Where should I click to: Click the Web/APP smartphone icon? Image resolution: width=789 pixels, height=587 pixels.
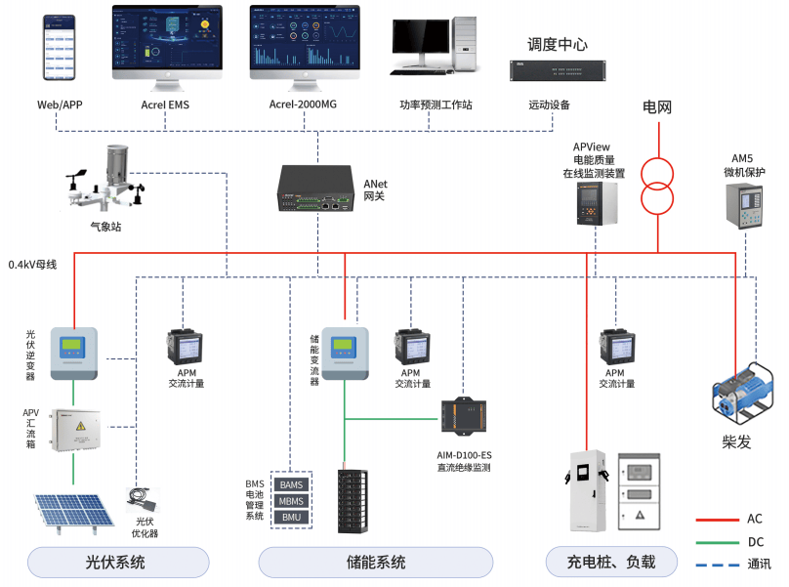tap(61, 47)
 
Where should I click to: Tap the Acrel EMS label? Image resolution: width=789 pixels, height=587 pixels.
tap(166, 104)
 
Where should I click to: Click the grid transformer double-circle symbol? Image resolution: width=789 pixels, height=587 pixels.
tap(657, 186)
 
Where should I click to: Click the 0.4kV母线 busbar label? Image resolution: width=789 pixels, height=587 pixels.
tap(32, 264)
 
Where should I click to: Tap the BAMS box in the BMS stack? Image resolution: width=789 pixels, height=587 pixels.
tap(291, 484)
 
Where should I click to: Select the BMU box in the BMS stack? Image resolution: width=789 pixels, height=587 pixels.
tap(291, 517)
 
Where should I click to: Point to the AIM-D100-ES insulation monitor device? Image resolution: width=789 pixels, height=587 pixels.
tap(464, 415)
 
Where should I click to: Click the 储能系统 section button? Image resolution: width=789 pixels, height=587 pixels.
tap(376, 563)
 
